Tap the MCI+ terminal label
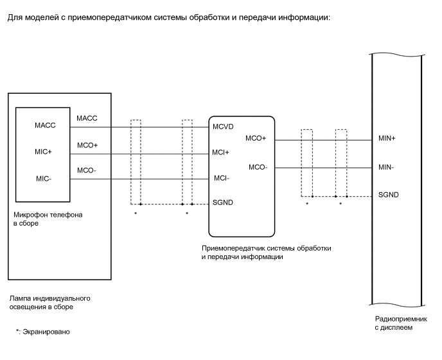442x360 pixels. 222,152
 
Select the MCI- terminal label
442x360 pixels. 221,178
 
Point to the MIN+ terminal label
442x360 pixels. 388,139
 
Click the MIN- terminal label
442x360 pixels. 387,167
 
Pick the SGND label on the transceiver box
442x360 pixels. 223,202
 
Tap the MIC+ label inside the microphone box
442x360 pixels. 44,152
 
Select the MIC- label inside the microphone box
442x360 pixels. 43,179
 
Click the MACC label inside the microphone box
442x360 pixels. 45,125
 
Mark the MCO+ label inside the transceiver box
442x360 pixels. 256,139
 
